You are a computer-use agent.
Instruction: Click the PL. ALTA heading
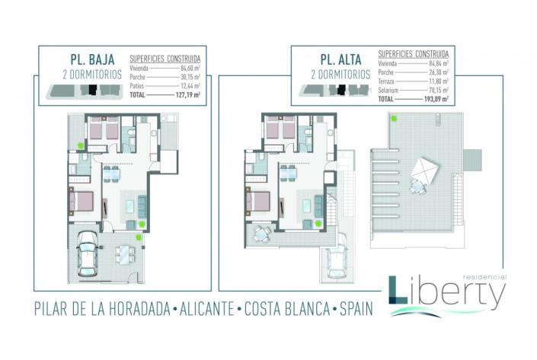tap(335, 59)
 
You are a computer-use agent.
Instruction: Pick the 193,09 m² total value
tap(434, 99)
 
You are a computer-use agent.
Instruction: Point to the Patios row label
tap(139, 88)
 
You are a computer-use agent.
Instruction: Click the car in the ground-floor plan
tap(88, 252)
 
